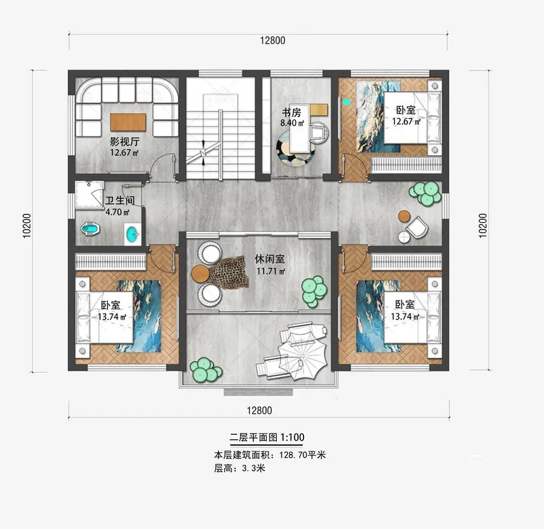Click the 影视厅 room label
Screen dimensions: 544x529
coord(125,141)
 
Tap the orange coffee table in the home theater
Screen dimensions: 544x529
coord(128,122)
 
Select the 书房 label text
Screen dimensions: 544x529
coord(291,112)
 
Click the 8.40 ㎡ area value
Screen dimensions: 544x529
coord(292,123)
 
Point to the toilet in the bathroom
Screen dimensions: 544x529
coord(90,228)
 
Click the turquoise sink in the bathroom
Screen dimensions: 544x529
coord(132,232)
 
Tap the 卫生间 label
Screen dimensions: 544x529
coord(120,200)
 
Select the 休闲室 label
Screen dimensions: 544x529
coord(270,259)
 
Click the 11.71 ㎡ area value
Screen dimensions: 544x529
coord(271,271)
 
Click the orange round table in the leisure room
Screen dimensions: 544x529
coord(200,273)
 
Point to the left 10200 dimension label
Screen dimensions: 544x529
coord(27,226)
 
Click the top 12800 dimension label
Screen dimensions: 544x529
coord(273,40)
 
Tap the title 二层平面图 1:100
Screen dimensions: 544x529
coord(267,437)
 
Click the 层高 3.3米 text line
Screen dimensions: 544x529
coord(240,468)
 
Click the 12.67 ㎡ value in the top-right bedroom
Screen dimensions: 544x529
coord(406,121)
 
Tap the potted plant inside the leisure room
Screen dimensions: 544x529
coord(314,291)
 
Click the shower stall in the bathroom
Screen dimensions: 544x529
coord(89,194)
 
